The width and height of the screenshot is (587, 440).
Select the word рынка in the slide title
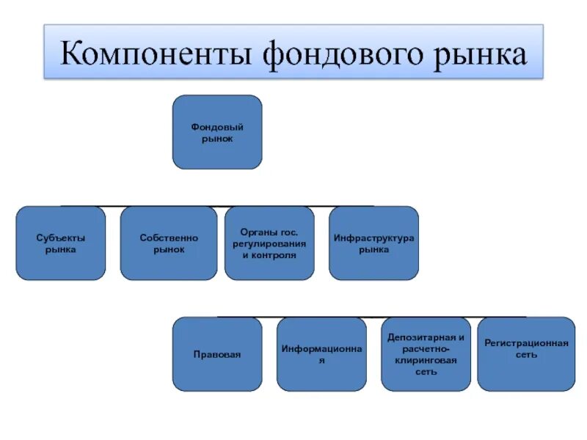pyautogui.click(x=478, y=56)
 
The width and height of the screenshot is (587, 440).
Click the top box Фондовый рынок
pyautogui.click(x=216, y=132)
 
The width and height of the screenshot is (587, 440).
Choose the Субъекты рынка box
pyautogui.click(x=60, y=243)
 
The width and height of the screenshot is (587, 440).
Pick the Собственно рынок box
pyautogui.click(x=169, y=243)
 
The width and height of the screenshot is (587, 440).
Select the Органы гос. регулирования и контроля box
pyautogui.click(x=269, y=243)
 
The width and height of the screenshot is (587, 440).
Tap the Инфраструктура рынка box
pyautogui.click(x=373, y=243)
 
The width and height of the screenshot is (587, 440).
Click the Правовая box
pyautogui.click(x=216, y=354)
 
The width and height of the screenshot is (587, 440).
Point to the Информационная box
pyautogui.click(x=321, y=354)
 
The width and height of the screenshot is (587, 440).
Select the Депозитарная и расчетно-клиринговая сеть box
pyautogui.click(x=426, y=354)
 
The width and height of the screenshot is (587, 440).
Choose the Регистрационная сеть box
pyautogui.click(x=526, y=354)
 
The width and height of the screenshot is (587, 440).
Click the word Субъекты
pyautogui.click(x=60, y=238)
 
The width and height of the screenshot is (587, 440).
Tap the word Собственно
pyautogui.click(x=169, y=238)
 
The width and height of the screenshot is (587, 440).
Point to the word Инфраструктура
pyautogui.click(x=374, y=238)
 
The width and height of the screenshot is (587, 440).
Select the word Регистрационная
pyautogui.click(x=526, y=343)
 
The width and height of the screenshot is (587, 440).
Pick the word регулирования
pyautogui.click(x=269, y=243)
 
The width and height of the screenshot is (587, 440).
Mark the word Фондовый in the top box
pyautogui.click(x=216, y=127)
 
